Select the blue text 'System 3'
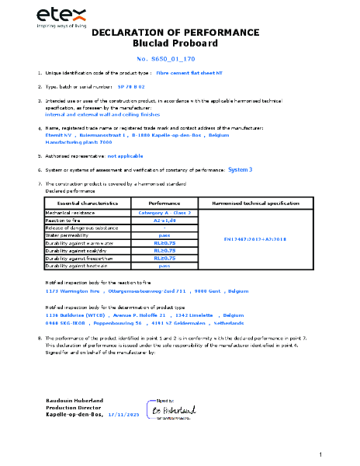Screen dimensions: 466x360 pos(241,169)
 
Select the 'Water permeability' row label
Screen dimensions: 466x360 pos(69,235)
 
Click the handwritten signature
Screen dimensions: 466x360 pos(171,409)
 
